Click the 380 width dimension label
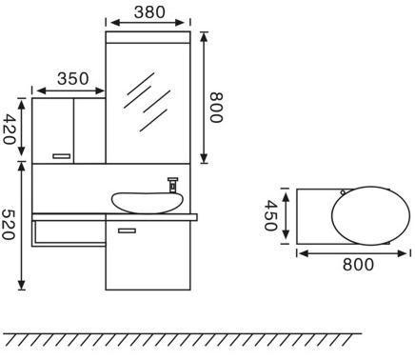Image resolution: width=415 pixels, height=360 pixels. point(149,12)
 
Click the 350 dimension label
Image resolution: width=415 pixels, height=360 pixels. point(73,78)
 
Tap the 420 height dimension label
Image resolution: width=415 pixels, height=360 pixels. point(9,130)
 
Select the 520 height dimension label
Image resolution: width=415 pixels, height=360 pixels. point(9,224)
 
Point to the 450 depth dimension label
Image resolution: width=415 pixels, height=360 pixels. point(270,215)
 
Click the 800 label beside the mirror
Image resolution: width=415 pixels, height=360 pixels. point(217,108)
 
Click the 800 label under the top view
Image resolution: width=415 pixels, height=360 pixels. point(358,264)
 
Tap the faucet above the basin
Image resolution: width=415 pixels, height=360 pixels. point(173,185)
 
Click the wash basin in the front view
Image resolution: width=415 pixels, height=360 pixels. point(148,203)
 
